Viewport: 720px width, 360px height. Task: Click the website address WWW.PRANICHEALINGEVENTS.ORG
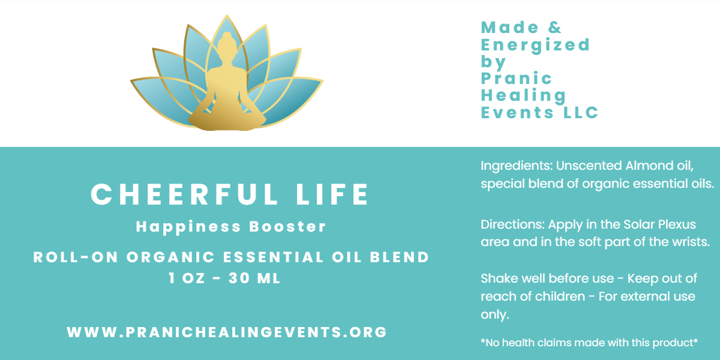pyautogui.click(x=227, y=332)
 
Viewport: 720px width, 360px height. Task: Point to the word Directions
pyautogui.click(x=511, y=225)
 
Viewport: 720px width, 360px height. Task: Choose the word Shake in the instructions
pyautogui.click(x=497, y=279)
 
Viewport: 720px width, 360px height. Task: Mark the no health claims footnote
pyautogui.click(x=589, y=343)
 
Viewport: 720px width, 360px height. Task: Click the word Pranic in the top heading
pyautogui.click(x=508, y=79)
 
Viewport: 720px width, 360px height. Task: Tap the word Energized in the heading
pyautogui.click(x=535, y=45)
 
